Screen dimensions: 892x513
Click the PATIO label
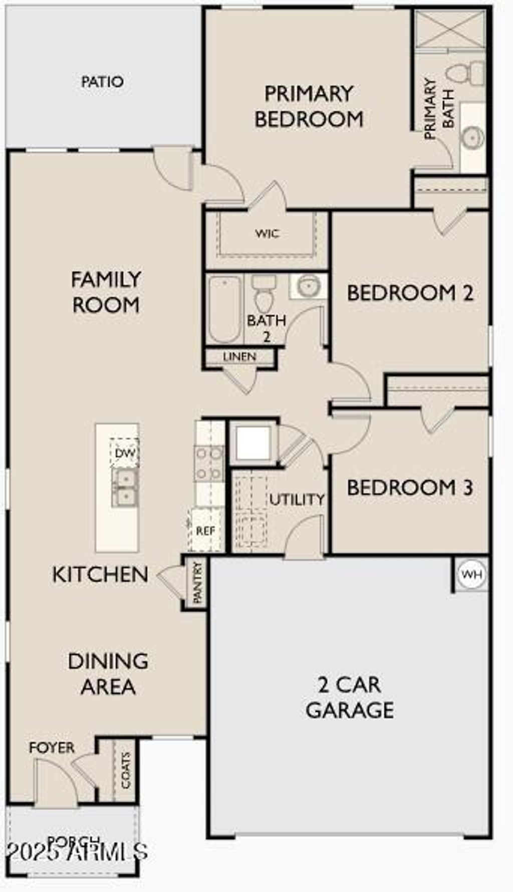(x=102, y=82)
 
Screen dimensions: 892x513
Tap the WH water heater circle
(x=471, y=574)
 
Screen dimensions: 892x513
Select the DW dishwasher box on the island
(x=125, y=453)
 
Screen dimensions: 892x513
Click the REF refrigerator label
(x=205, y=531)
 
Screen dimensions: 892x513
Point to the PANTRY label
(x=198, y=582)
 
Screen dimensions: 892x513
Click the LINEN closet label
(x=239, y=357)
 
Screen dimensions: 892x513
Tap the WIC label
(x=267, y=233)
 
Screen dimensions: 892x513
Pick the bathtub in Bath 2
(x=224, y=309)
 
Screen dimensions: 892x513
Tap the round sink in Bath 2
(x=308, y=286)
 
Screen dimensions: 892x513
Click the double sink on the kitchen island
(x=125, y=488)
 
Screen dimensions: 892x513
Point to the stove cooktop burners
(x=209, y=463)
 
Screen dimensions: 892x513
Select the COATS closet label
(x=126, y=770)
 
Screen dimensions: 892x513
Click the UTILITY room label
(x=297, y=499)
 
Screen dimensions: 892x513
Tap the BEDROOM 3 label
(x=409, y=488)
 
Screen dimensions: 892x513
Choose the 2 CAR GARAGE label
(x=349, y=697)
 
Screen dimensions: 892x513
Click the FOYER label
(x=52, y=748)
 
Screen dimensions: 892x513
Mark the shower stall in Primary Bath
(x=450, y=29)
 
